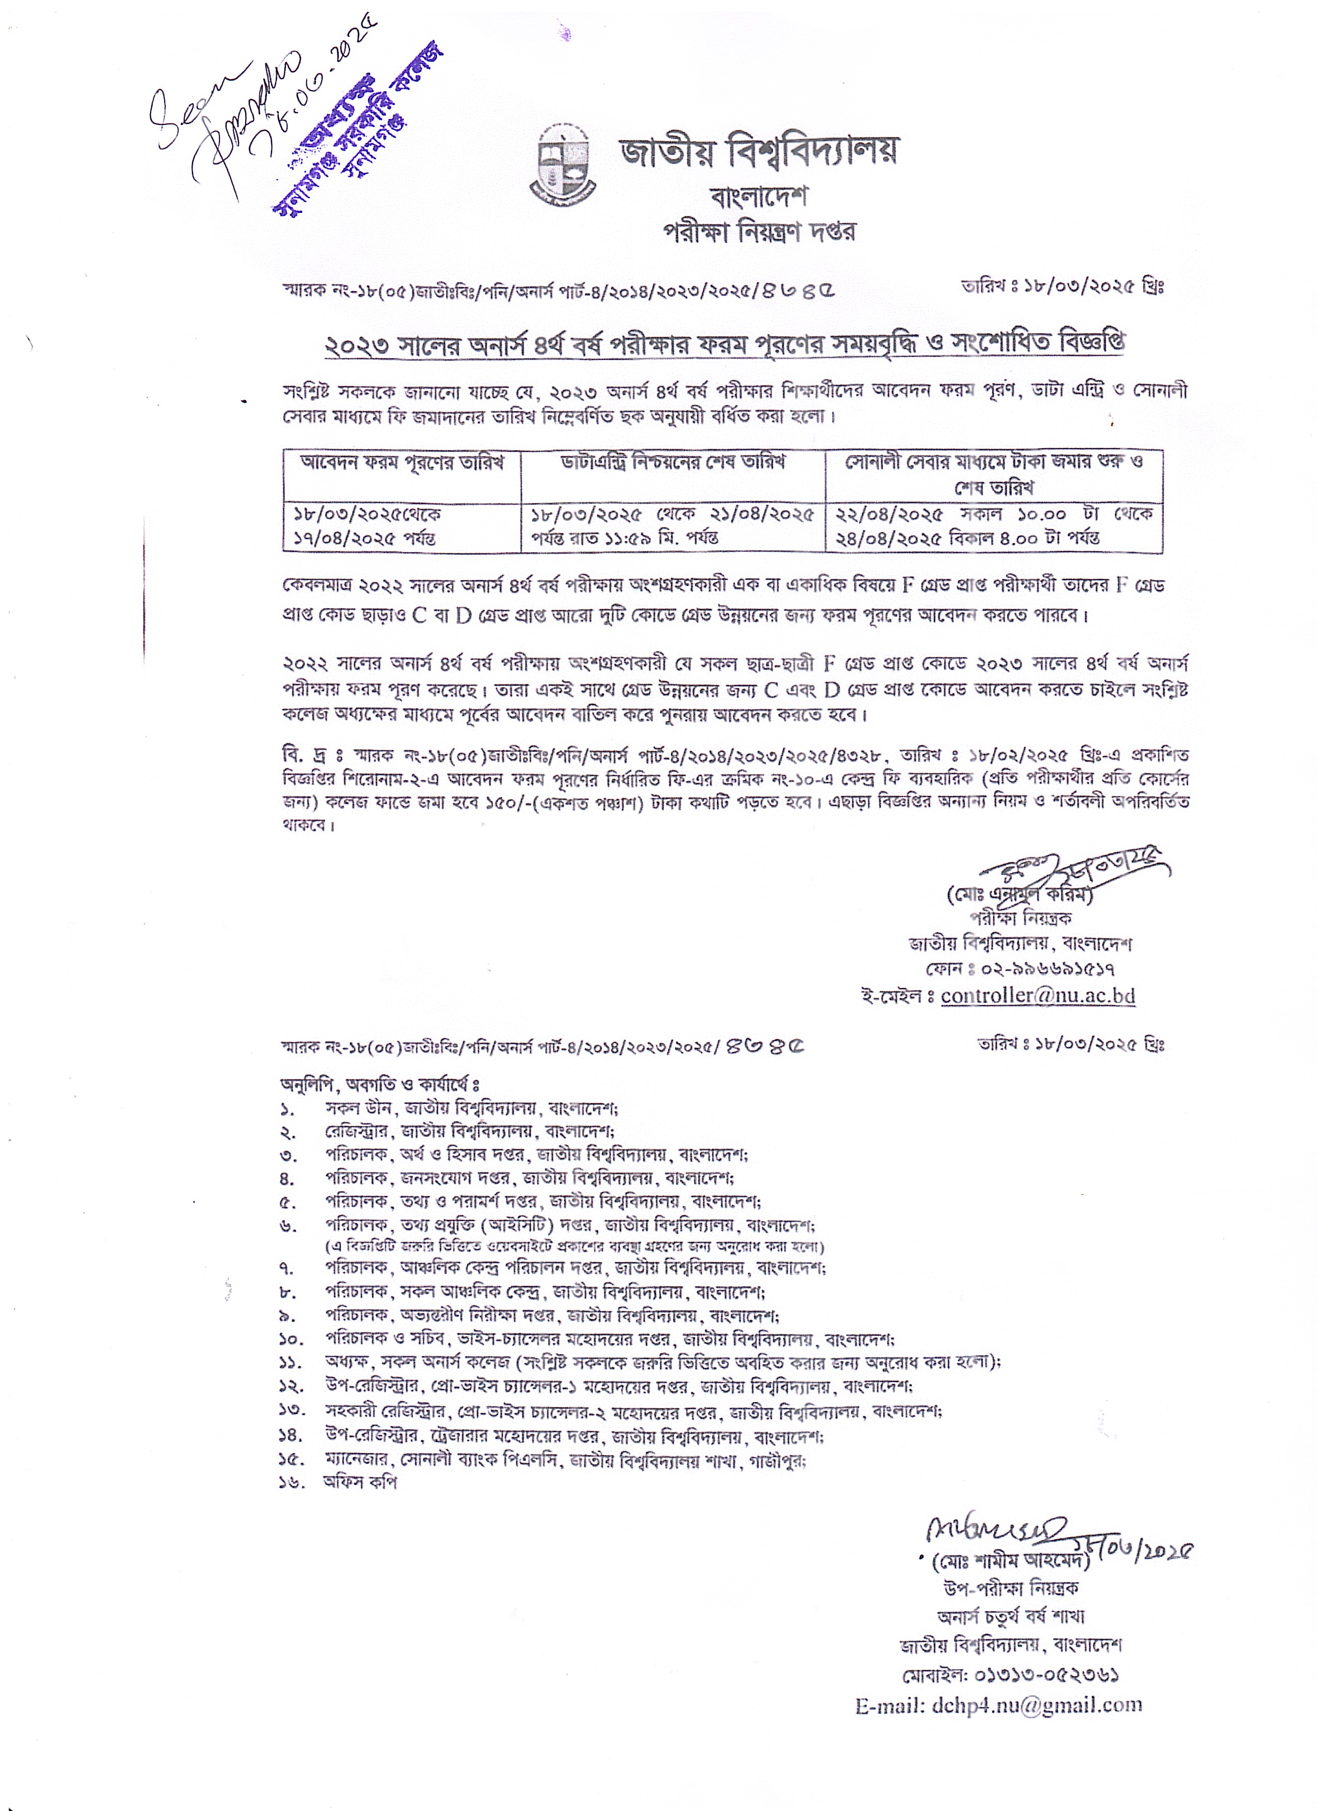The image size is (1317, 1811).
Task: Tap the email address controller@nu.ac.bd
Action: click(1038, 996)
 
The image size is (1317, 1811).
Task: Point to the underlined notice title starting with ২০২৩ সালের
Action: click(725, 344)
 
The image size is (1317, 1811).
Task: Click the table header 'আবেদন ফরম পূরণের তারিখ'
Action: click(402, 463)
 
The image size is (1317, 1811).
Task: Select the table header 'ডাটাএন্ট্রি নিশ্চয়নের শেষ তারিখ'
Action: click(673, 463)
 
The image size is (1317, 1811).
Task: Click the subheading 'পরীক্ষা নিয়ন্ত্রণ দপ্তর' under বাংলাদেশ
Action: click(759, 232)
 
